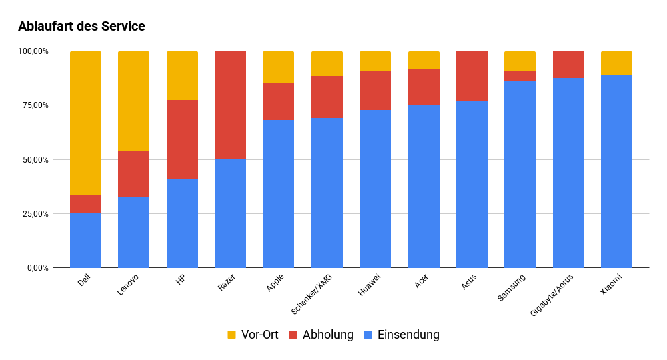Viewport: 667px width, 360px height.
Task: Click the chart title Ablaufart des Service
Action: pos(81,27)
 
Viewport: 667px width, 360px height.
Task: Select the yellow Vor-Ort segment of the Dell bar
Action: pos(85,123)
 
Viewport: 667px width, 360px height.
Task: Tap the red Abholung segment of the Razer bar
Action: pos(230,105)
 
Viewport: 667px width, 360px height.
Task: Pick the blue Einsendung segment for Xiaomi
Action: pos(616,171)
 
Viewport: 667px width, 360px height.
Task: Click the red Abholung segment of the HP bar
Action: pos(182,139)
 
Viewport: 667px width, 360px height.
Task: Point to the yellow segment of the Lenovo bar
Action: pos(133,101)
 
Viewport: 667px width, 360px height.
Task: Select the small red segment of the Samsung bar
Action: pos(520,76)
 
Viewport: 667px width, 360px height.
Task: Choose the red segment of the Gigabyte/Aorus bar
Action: pos(568,65)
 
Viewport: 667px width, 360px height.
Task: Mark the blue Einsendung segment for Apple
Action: pos(278,193)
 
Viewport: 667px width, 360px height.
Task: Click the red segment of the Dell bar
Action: pos(85,204)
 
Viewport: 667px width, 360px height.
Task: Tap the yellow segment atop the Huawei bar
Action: pos(375,61)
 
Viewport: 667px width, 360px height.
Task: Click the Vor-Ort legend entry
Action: pos(253,335)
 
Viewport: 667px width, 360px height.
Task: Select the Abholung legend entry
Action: pos(321,335)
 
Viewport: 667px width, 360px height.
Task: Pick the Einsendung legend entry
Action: pos(401,335)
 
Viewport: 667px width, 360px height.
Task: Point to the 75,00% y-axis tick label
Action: pos(33,105)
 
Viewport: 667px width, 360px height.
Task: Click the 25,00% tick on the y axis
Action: pos(33,214)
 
